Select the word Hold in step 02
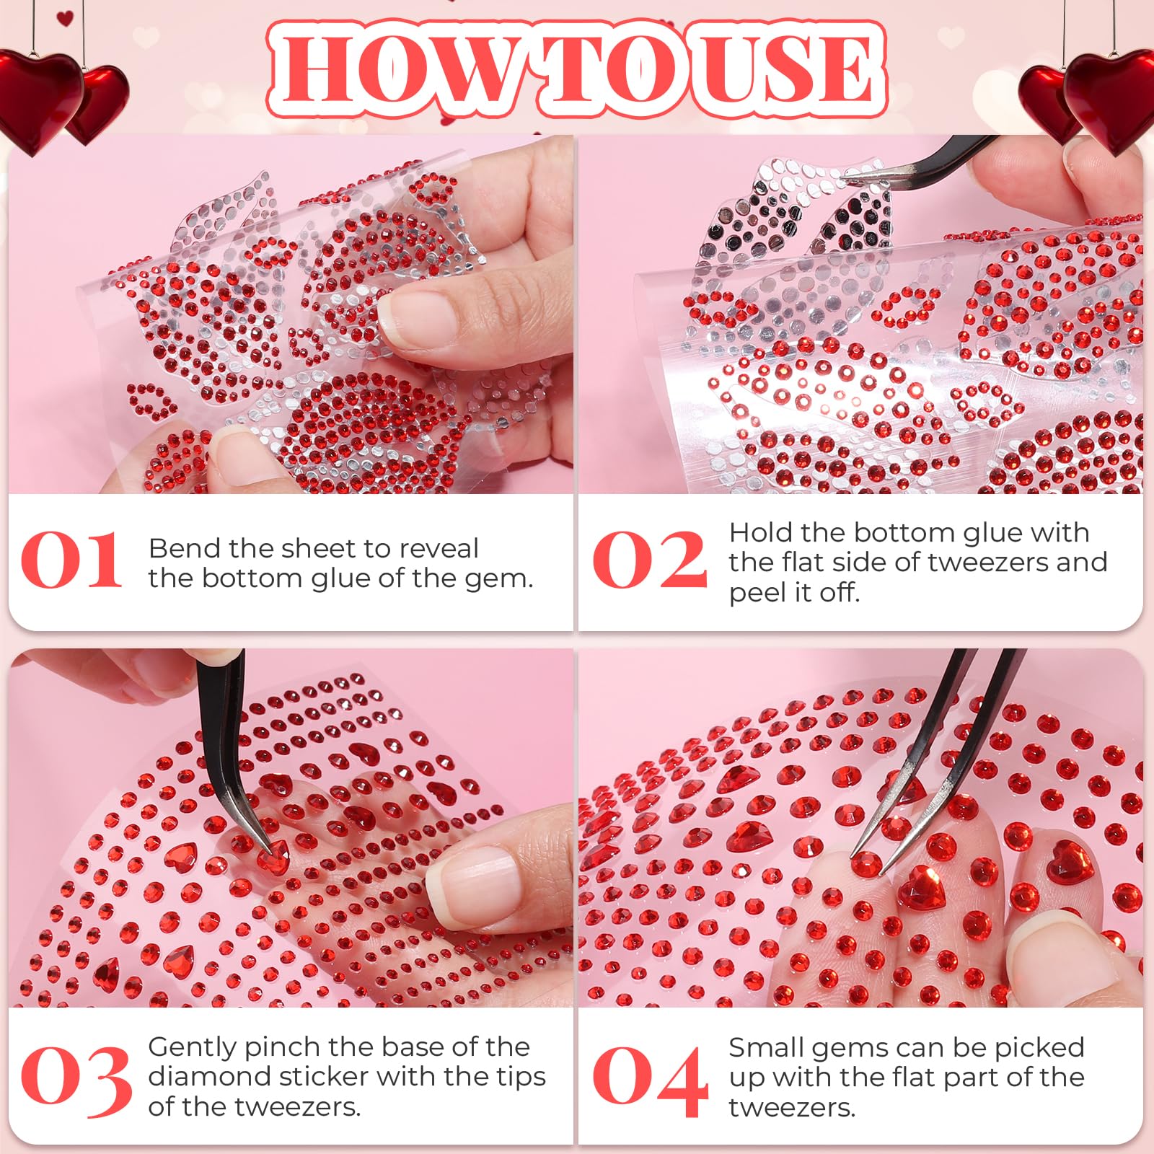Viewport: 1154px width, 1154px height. (x=760, y=532)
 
